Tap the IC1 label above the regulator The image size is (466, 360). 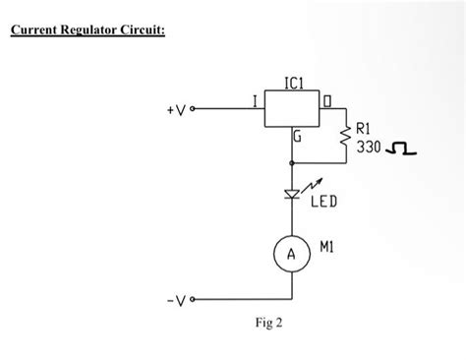[x=294, y=86]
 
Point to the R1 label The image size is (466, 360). [x=364, y=128]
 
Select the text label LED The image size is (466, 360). [x=325, y=204]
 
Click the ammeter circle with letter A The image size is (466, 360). [x=293, y=254]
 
